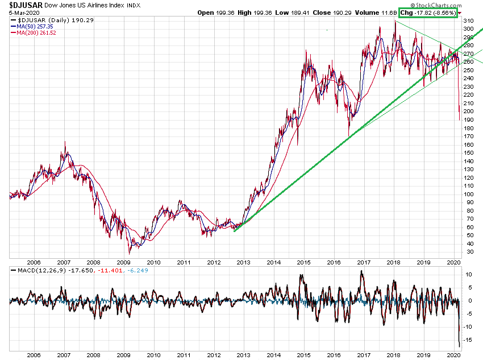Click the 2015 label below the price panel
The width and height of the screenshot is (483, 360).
pos(304,263)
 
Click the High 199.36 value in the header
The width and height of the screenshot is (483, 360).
pos(246,12)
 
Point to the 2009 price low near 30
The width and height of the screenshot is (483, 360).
pos(130,252)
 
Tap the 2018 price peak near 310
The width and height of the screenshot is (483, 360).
pos(395,21)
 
